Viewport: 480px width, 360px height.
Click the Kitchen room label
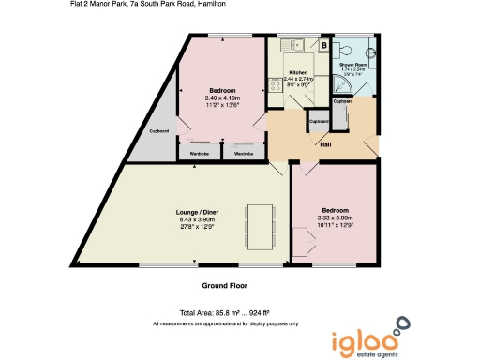(x=298, y=72)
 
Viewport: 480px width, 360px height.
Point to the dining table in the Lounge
(x=259, y=224)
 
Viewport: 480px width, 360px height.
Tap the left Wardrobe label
(x=199, y=153)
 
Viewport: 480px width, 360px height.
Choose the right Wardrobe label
(x=244, y=153)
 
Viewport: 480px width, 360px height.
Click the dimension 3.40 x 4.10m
(x=222, y=97)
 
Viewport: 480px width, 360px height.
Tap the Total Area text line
(x=225, y=312)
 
